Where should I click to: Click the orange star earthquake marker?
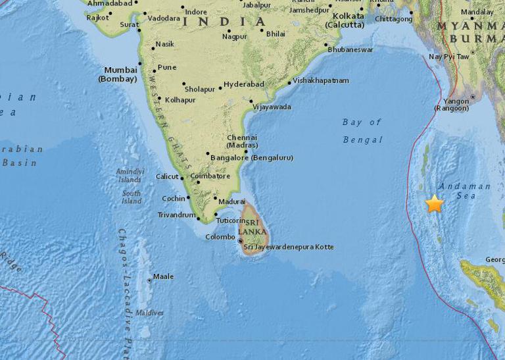(x=434, y=204)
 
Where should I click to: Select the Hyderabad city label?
(x=243, y=84)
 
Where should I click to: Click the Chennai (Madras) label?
(x=242, y=141)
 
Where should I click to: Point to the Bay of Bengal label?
(x=362, y=131)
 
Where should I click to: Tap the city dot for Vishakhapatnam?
(x=289, y=83)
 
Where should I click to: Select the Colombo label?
(x=220, y=237)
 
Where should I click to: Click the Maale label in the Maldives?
(x=163, y=276)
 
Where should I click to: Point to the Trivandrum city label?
(x=176, y=215)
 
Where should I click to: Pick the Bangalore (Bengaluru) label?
(x=252, y=158)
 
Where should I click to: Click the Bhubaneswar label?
(x=350, y=49)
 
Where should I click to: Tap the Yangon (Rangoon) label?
(x=456, y=105)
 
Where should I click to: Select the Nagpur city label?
(x=234, y=37)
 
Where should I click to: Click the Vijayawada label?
(x=272, y=107)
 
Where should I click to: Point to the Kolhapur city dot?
(x=159, y=99)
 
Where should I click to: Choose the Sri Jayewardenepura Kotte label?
(x=289, y=247)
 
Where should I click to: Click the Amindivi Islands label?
(x=130, y=176)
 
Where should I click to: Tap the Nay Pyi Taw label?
(x=449, y=57)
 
